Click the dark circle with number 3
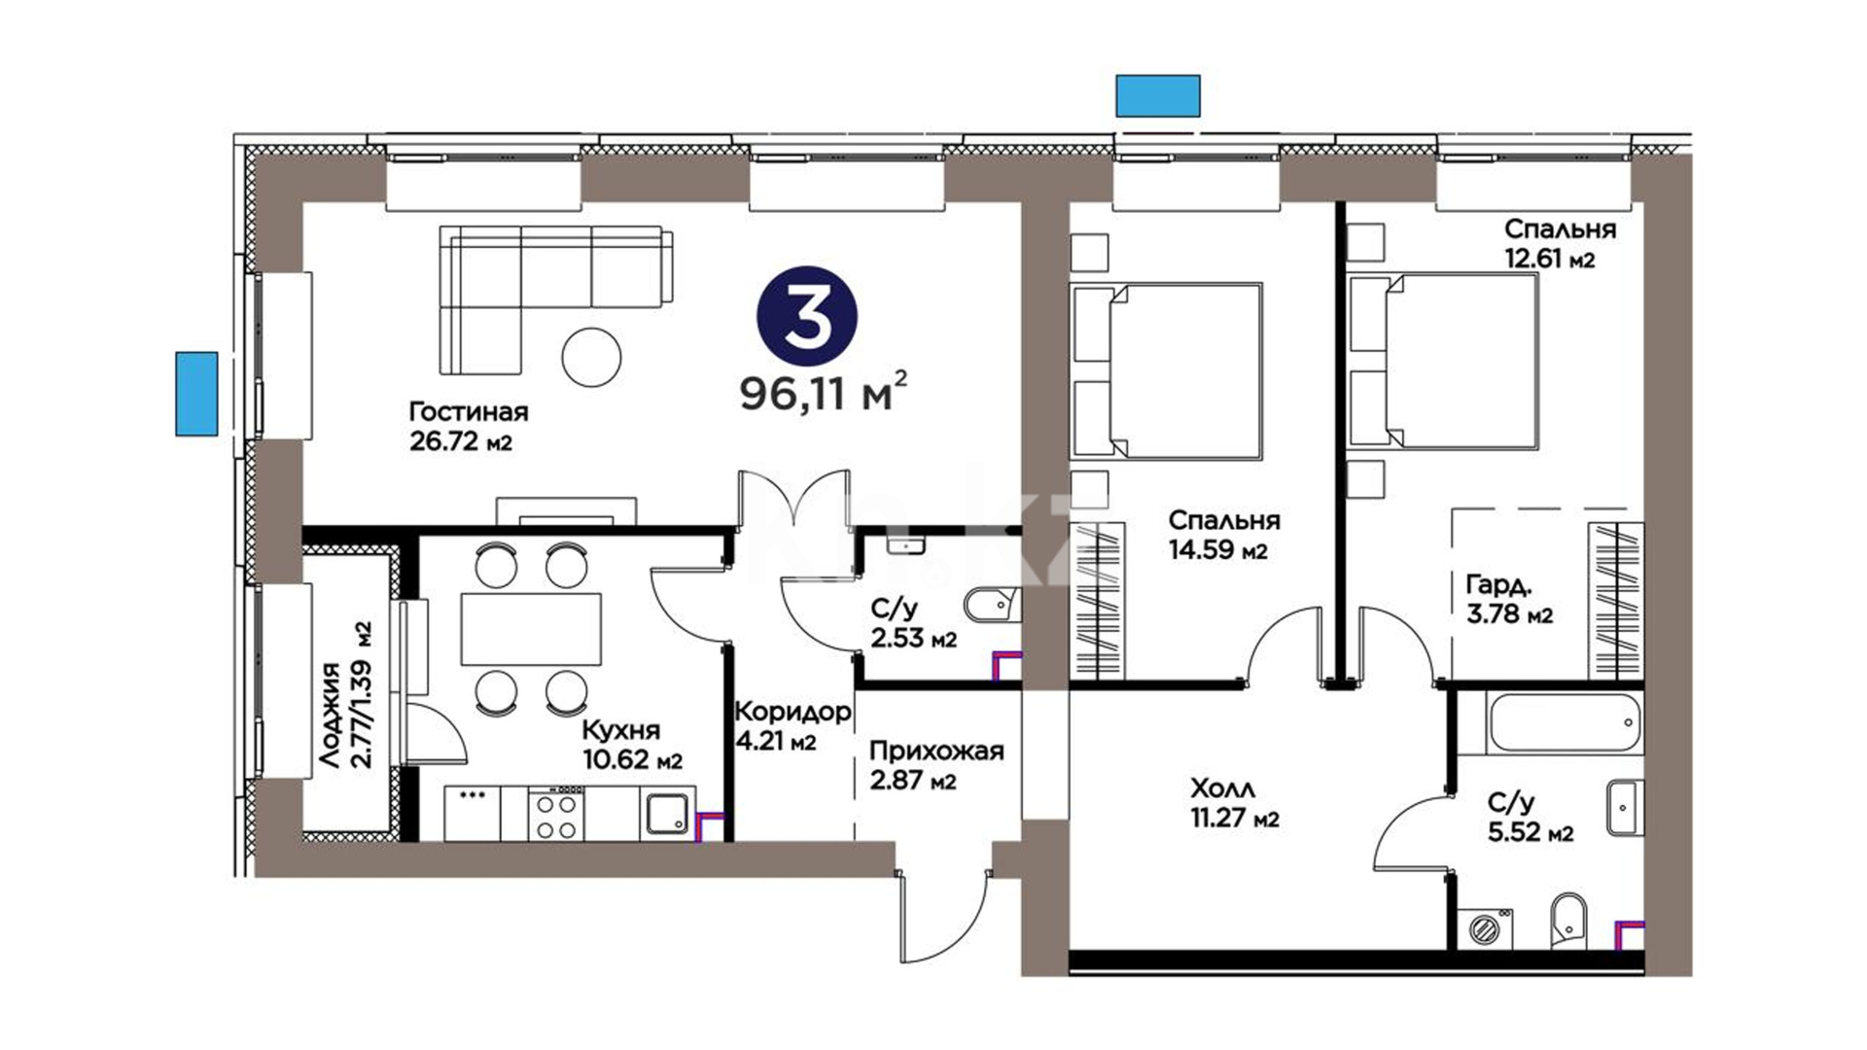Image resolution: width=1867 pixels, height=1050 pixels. tap(807, 316)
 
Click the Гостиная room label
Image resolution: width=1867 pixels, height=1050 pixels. tap(469, 411)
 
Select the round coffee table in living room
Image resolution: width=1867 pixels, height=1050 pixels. tap(591, 357)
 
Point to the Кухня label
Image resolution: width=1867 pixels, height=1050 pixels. tap(620, 730)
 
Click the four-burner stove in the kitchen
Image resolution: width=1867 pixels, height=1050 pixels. tap(554, 814)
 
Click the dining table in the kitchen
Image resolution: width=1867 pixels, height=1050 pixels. tap(531, 629)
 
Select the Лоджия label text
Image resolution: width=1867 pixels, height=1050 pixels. tap(331, 717)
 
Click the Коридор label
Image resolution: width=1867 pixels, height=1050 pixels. tap(793, 712)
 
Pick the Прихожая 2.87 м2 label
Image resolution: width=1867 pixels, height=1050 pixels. tap(936, 766)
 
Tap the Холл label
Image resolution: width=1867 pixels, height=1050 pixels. tap(1222, 787)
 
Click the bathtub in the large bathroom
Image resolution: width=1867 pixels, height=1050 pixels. tap(1564, 722)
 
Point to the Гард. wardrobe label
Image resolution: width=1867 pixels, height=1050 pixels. tap(1498, 585)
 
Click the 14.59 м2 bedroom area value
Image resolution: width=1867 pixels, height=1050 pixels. tap(1218, 550)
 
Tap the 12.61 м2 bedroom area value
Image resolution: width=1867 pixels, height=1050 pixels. tap(1549, 259)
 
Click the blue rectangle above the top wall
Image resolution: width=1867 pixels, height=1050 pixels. tap(1157, 95)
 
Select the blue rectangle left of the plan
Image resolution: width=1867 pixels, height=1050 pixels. tap(196, 393)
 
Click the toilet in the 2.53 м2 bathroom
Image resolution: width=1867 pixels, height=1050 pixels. tap(992, 606)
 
